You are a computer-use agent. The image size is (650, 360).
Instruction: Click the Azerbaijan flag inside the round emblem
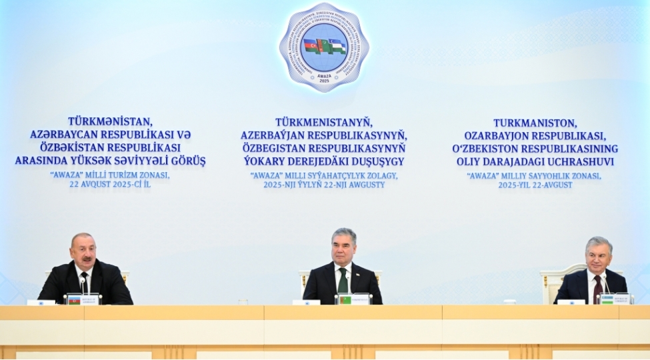click(x=311, y=46)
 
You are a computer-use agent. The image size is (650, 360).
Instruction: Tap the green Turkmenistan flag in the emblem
click(x=324, y=46)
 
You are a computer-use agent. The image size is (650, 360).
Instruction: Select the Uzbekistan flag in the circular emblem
click(x=337, y=47)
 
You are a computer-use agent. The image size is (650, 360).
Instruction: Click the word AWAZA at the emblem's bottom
click(x=324, y=75)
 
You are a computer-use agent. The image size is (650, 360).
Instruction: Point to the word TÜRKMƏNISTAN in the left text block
click(x=111, y=122)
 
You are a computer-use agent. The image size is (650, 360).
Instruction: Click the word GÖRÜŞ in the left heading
click(x=189, y=161)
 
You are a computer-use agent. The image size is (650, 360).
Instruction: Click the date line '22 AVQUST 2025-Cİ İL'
click(x=110, y=184)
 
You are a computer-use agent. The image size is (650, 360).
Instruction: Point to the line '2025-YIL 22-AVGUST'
click(x=535, y=185)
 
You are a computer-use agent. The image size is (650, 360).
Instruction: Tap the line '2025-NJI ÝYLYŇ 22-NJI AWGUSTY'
click(x=324, y=185)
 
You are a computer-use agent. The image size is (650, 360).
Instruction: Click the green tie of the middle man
click(x=343, y=281)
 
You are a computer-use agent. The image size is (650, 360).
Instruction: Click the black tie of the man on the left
click(x=85, y=283)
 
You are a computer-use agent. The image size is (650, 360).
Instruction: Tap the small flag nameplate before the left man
click(x=74, y=300)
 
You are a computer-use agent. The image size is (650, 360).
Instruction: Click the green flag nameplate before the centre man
click(x=345, y=300)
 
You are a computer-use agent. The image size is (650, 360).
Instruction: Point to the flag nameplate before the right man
click(x=607, y=299)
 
